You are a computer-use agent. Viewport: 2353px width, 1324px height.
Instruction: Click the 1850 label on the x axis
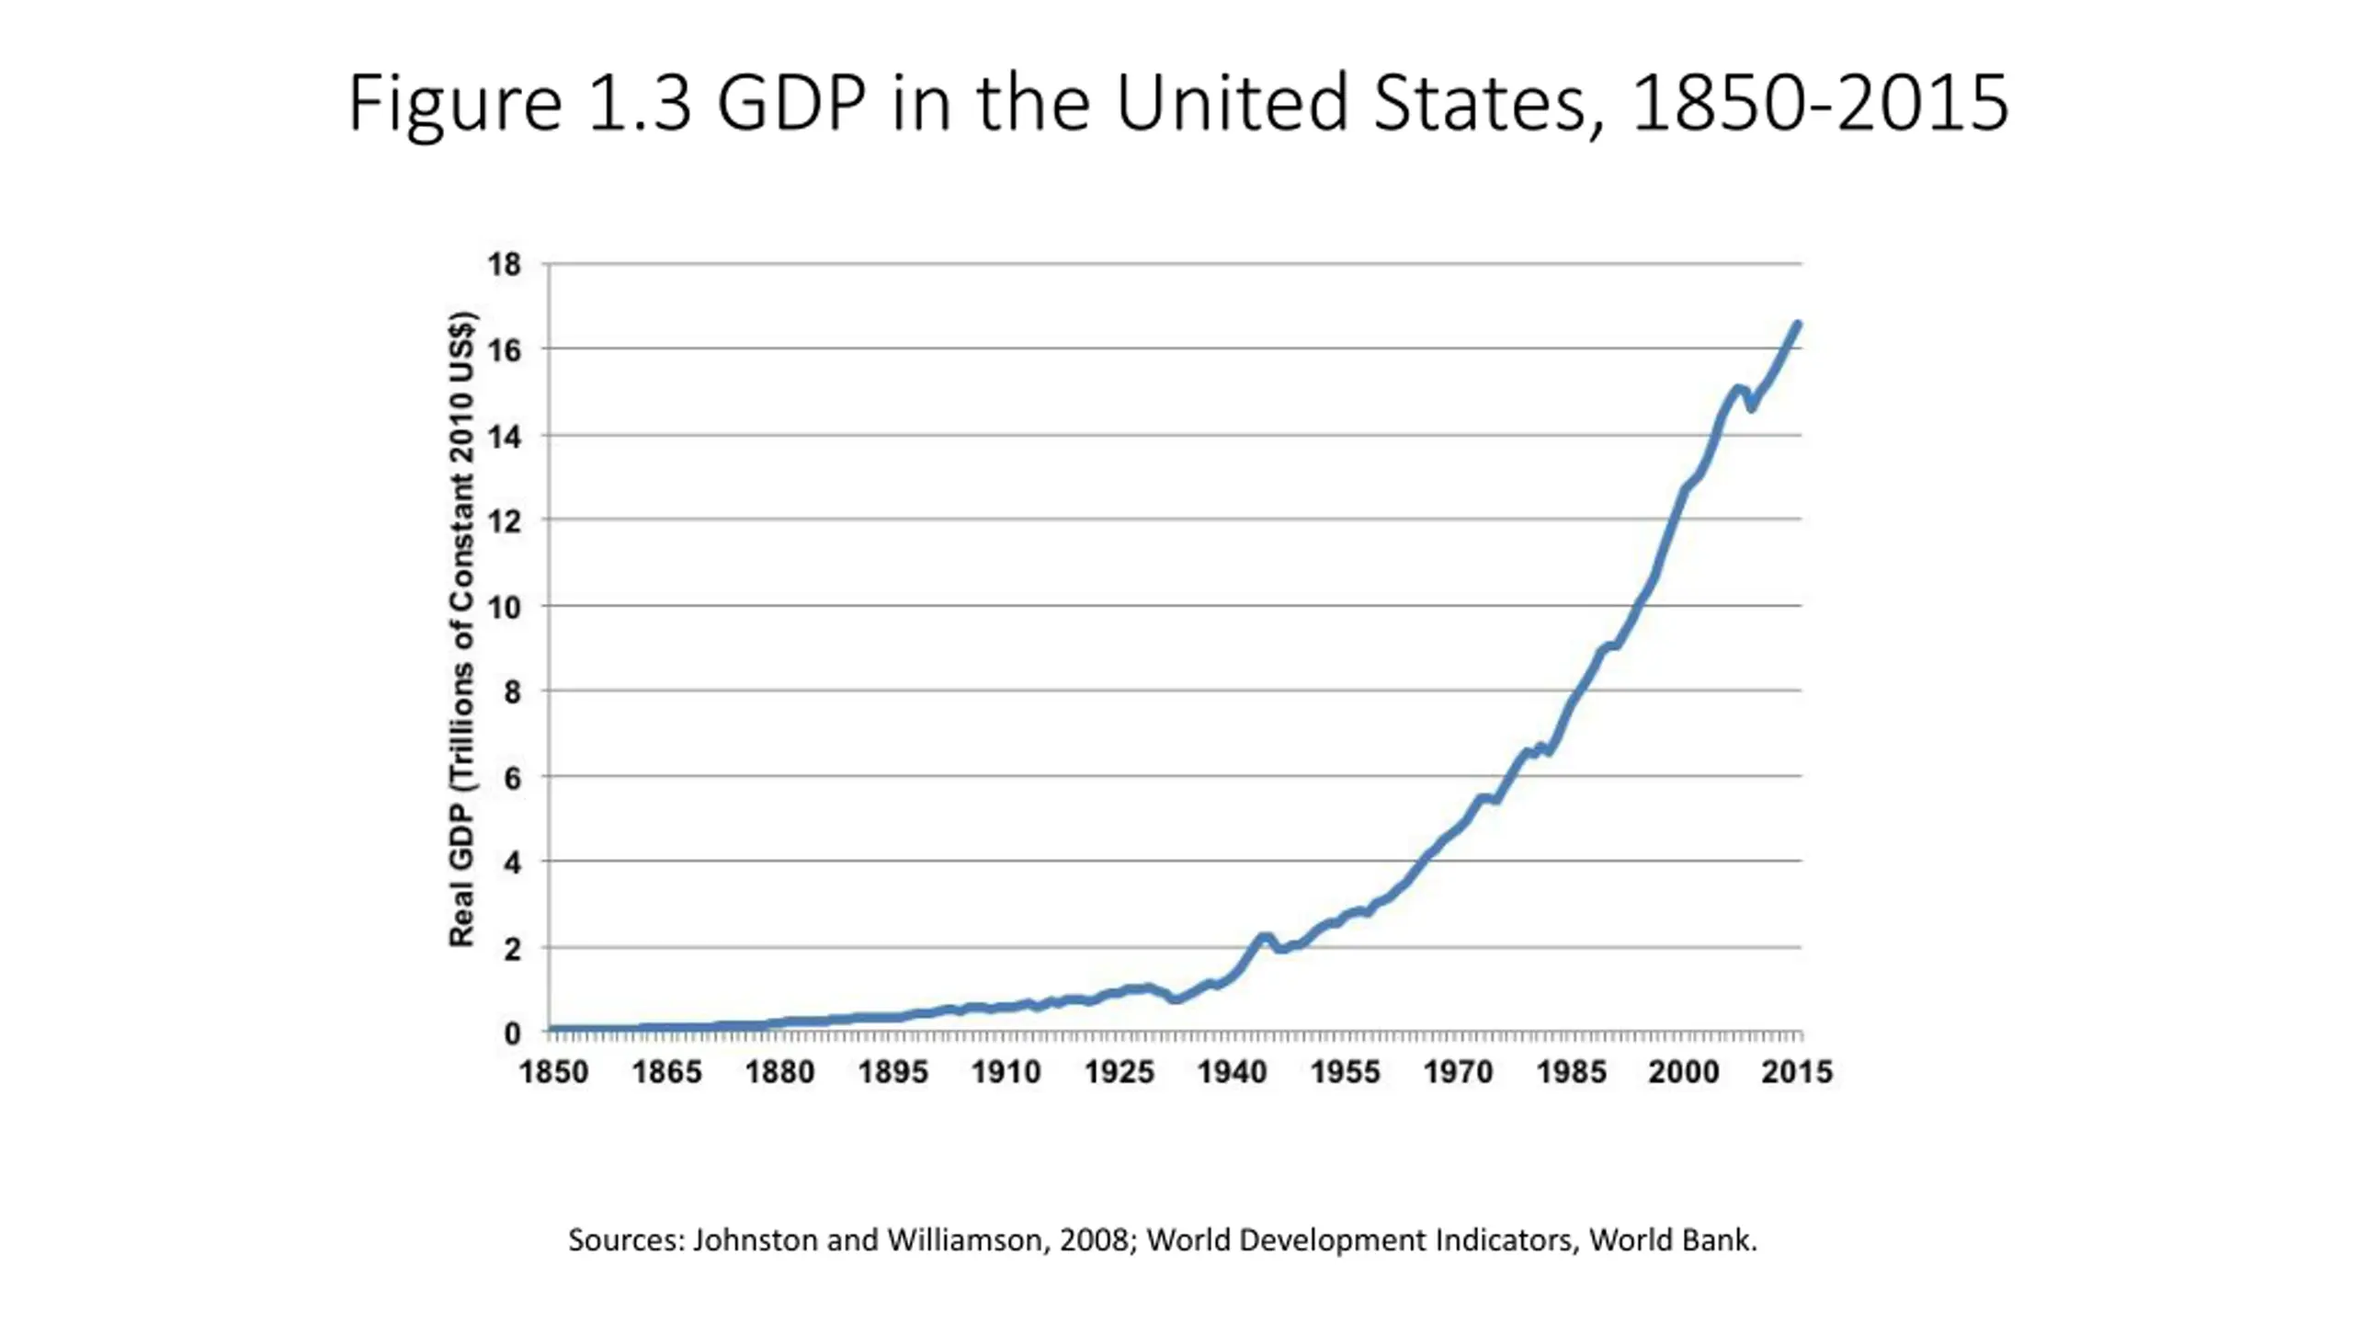point(553,1072)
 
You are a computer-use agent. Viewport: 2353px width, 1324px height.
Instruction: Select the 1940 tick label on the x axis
point(1232,1072)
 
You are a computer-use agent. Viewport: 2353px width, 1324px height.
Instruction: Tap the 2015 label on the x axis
point(1796,1072)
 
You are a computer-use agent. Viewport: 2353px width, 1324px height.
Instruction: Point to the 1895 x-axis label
point(892,1072)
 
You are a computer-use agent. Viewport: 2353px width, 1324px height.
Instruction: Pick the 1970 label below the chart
point(1458,1072)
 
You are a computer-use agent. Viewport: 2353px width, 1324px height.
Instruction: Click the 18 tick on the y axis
point(504,265)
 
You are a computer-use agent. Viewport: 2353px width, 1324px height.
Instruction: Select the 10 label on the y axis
point(504,607)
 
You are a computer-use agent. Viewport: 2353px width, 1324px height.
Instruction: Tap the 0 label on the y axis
point(512,1033)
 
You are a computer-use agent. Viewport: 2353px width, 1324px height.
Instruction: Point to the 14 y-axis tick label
point(504,437)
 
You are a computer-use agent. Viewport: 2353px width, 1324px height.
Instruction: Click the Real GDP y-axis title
point(461,630)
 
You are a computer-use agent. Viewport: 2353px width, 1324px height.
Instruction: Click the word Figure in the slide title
point(454,103)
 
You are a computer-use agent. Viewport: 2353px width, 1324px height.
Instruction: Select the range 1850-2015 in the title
point(1820,103)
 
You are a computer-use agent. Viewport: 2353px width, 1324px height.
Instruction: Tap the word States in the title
point(1480,103)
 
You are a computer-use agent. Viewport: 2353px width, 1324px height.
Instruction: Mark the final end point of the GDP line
point(1798,324)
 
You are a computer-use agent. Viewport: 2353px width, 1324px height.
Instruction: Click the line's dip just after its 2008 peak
point(1752,407)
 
